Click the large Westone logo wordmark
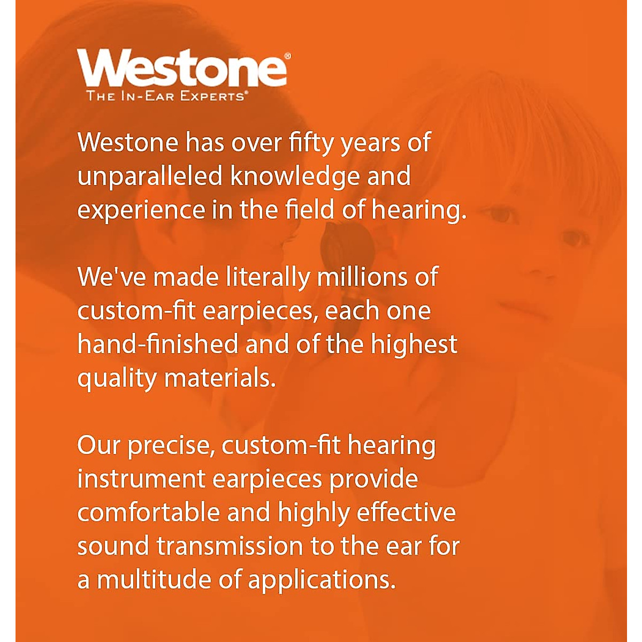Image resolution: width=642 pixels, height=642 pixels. coord(182,68)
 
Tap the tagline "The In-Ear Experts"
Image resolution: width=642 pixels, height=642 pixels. coord(165,96)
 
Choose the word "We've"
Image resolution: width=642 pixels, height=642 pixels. coord(112,277)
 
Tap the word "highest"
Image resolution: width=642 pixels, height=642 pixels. coord(414,346)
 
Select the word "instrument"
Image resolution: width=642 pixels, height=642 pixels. coord(141,479)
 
